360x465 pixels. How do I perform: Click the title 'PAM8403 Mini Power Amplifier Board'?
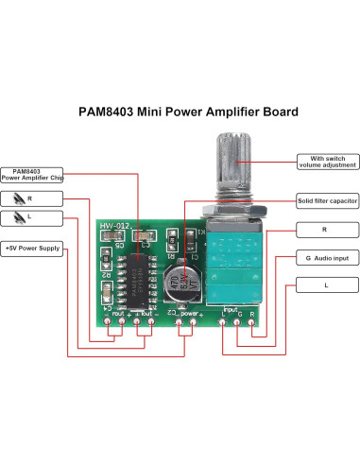[x=180, y=112]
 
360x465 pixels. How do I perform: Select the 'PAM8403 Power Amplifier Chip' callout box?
[x=32, y=174]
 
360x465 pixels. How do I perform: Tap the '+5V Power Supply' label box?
[x=33, y=248]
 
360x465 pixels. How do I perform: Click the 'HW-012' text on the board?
[x=113, y=227]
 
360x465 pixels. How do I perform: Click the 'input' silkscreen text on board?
[x=230, y=309]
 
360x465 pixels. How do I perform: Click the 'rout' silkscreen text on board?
[x=118, y=311]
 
